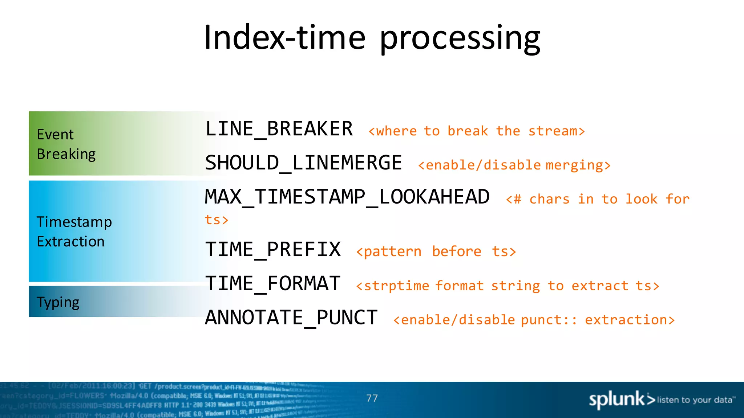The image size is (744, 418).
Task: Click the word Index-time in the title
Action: click(285, 38)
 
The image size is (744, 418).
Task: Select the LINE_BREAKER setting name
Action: click(279, 129)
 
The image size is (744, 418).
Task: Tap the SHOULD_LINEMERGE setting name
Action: click(303, 163)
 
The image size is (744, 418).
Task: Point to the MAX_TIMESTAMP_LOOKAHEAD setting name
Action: click(347, 197)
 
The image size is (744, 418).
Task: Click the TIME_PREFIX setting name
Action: click(273, 250)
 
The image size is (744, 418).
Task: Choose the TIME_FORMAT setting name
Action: click(273, 284)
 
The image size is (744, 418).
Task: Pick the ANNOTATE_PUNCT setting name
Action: click(291, 318)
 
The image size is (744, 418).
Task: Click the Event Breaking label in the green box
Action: click(66, 144)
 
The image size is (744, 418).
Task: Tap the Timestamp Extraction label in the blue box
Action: click(74, 231)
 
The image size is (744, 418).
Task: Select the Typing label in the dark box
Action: click(58, 302)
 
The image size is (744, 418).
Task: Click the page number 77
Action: click(372, 398)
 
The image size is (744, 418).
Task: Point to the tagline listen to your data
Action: click(695, 400)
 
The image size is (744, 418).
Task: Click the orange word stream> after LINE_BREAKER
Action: click(557, 131)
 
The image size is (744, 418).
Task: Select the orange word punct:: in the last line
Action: click(549, 320)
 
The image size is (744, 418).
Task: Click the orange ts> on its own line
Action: click(216, 220)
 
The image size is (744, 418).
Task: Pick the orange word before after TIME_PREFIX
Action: click(457, 251)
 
